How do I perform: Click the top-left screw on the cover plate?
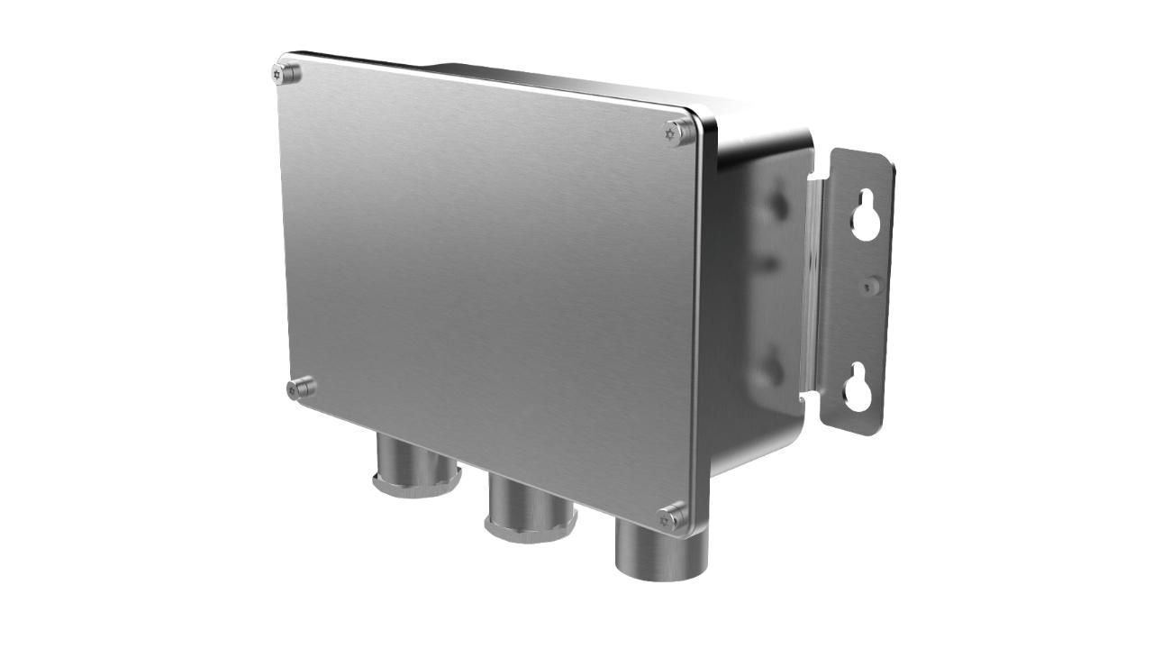pyautogui.click(x=286, y=73)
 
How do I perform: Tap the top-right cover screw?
pyautogui.click(x=679, y=132)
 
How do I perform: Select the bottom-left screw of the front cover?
pyautogui.click(x=301, y=388)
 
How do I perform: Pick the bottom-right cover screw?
pyautogui.click(x=672, y=517)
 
